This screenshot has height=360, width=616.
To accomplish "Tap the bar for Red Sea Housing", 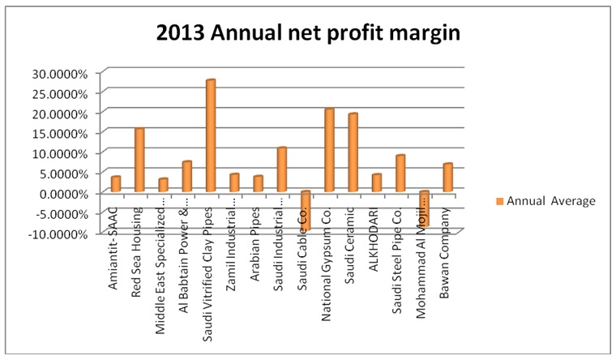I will (x=139, y=160).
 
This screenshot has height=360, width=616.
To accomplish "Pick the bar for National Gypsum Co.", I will (x=329, y=150).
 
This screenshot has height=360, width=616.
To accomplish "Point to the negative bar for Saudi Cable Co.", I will (x=306, y=210).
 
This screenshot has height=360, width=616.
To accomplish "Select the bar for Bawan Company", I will (x=447, y=178).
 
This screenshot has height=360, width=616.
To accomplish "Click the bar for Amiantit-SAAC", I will (x=116, y=184).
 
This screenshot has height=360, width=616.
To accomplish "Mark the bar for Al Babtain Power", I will (x=187, y=177).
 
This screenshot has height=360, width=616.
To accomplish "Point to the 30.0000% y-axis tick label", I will (x=59, y=73).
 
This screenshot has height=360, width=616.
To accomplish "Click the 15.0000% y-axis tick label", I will (x=59, y=133).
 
